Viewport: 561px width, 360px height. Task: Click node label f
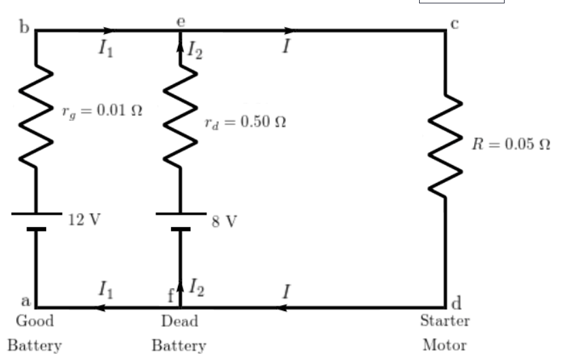coord(171,297)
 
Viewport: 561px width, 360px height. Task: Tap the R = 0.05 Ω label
coord(510,145)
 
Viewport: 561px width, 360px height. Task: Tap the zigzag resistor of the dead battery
coord(180,117)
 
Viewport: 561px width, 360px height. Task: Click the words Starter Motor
coord(445,332)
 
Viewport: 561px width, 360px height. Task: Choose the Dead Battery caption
coord(179,332)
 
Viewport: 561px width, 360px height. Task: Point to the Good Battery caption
coord(35,332)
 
